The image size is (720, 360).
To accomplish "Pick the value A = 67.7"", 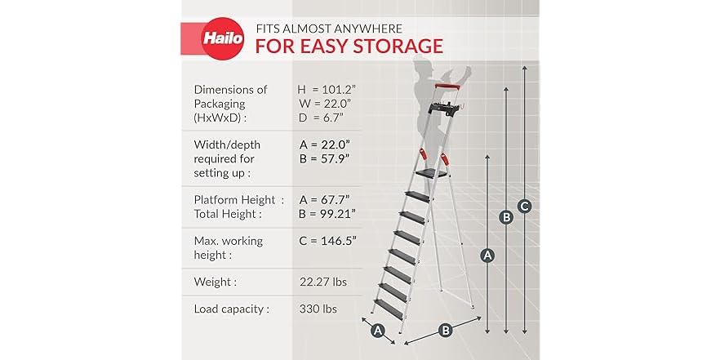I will click(x=325, y=198).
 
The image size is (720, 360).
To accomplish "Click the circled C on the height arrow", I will click(x=525, y=207).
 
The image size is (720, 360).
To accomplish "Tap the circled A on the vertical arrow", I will click(x=487, y=256).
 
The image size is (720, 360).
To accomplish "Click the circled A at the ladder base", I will click(x=377, y=330).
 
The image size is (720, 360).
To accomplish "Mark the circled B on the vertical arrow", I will click(x=506, y=217).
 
